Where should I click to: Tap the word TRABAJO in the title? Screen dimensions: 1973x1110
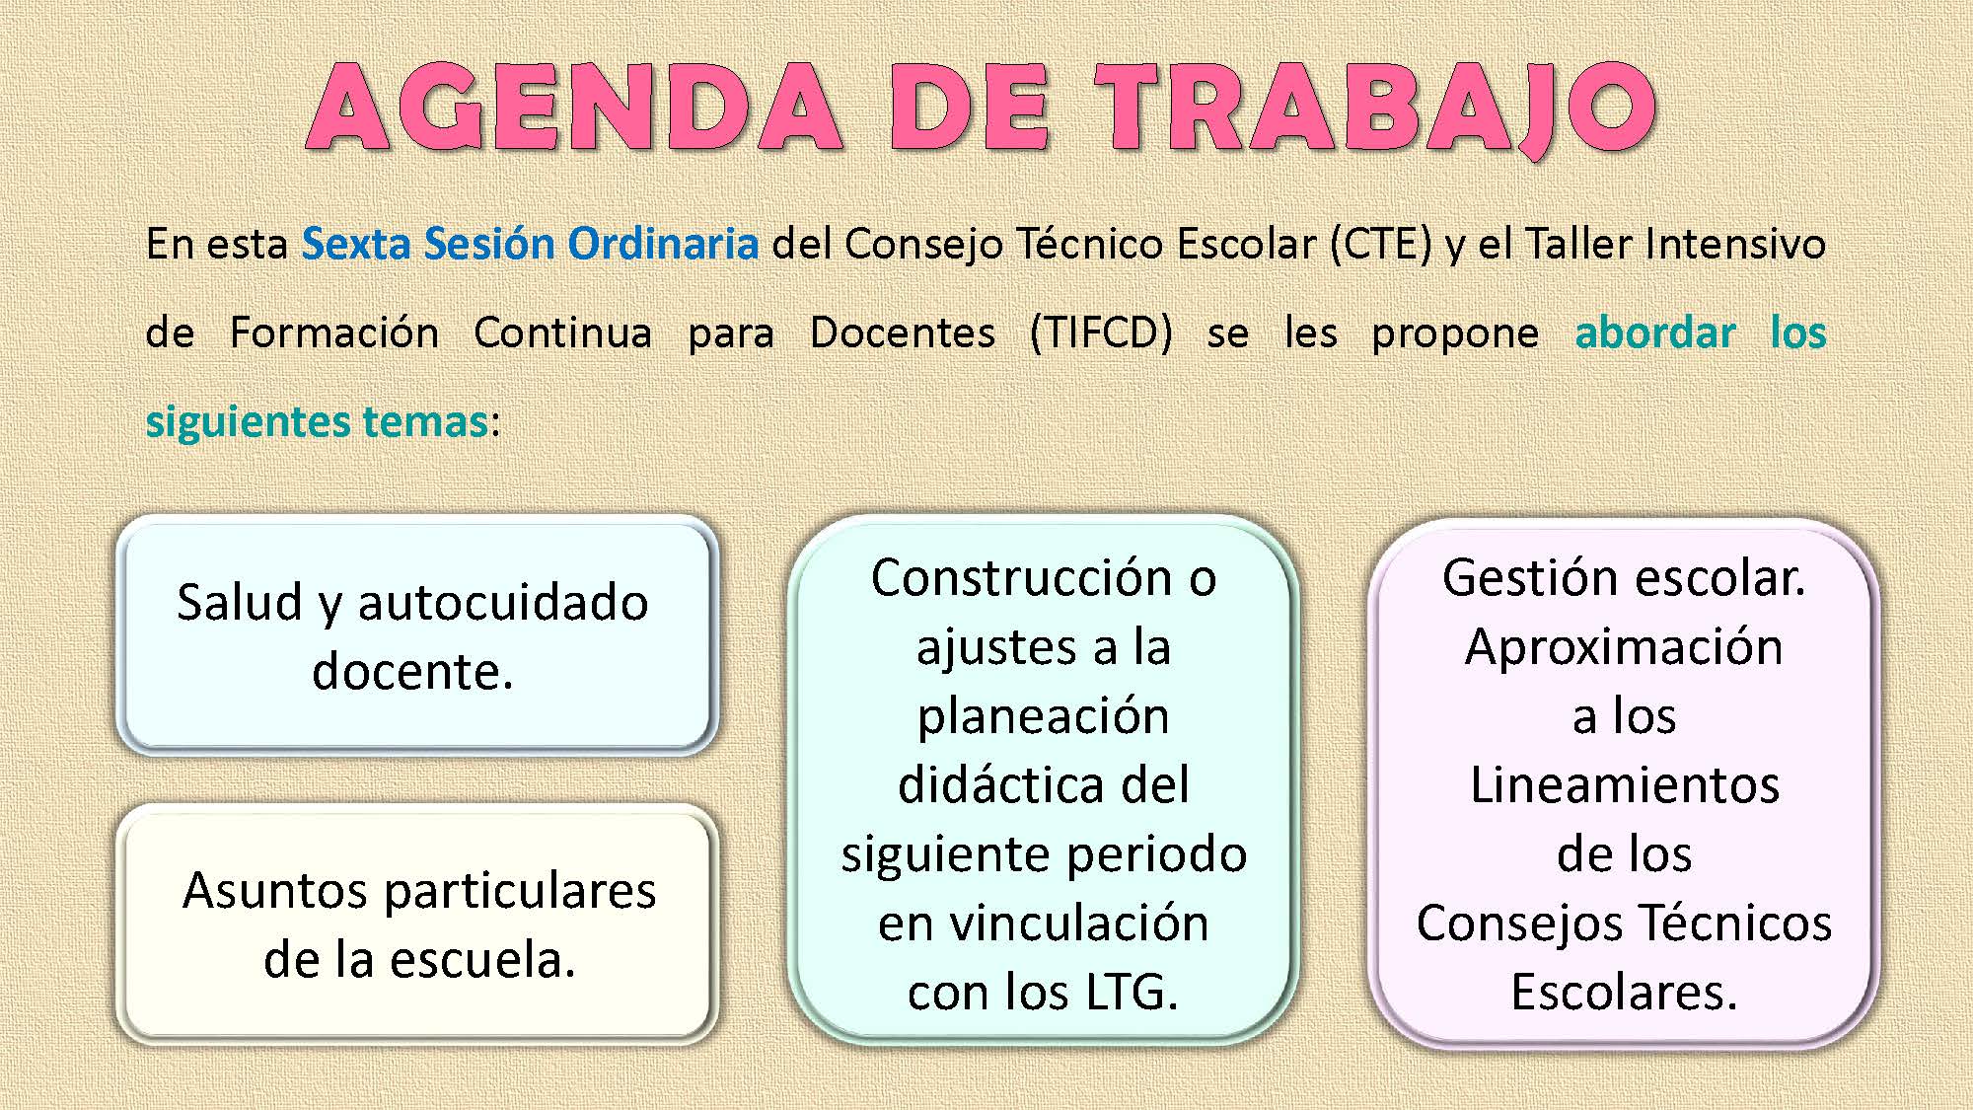(1377, 109)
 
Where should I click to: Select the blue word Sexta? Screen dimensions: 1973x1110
(356, 244)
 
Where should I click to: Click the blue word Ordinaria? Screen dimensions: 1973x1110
(663, 244)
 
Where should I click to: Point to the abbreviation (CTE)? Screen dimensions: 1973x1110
(1380, 245)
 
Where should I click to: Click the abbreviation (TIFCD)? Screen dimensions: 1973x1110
(1101, 333)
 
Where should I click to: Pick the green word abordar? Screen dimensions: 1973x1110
(1655, 333)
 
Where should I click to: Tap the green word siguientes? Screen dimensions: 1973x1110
(248, 422)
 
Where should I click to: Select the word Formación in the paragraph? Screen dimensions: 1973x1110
(334, 333)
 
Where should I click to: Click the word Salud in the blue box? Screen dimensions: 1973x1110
(239, 602)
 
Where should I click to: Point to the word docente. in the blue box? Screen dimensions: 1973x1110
(413, 672)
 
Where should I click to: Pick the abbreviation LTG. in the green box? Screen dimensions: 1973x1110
(1132, 993)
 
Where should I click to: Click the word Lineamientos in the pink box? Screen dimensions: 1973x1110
(1625, 785)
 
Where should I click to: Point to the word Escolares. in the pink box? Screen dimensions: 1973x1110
(1624, 993)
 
